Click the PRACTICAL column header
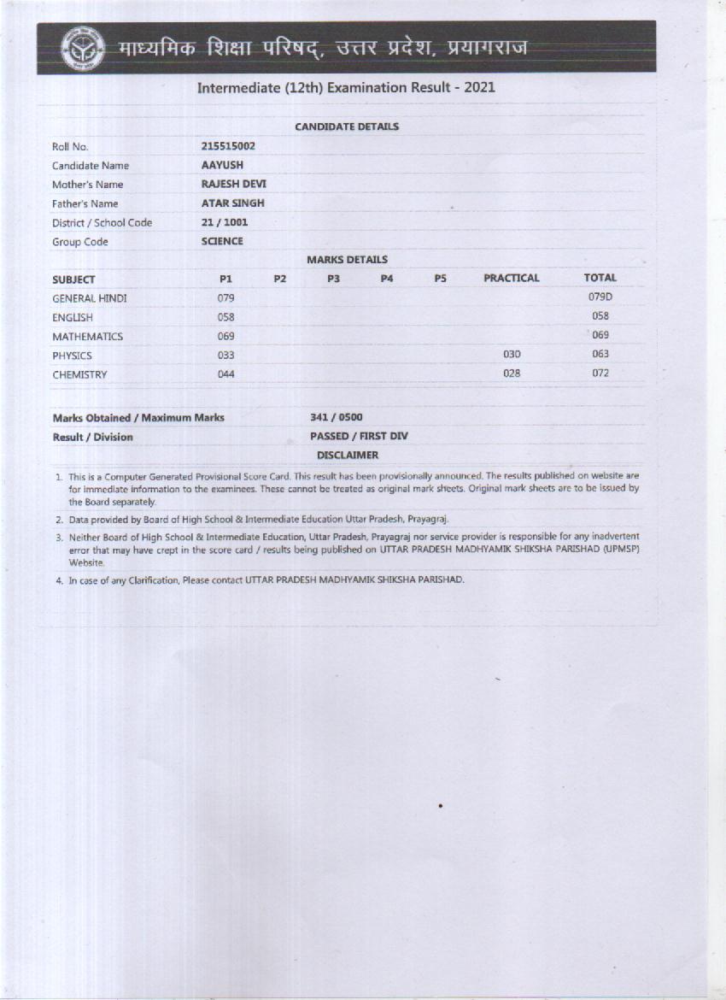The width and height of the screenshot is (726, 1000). (x=512, y=278)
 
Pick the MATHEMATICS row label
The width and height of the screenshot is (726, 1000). (x=87, y=337)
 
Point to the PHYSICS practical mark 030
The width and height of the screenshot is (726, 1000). (x=512, y=354)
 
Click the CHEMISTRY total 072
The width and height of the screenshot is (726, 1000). (x=600, y=374)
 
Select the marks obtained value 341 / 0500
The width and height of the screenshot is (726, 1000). (x=336, y=417)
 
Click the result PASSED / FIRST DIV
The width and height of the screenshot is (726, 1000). (x=359, y=436)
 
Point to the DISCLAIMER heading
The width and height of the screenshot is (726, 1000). (x=347, y=456)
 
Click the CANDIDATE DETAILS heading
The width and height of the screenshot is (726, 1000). (x=347, y=126)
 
